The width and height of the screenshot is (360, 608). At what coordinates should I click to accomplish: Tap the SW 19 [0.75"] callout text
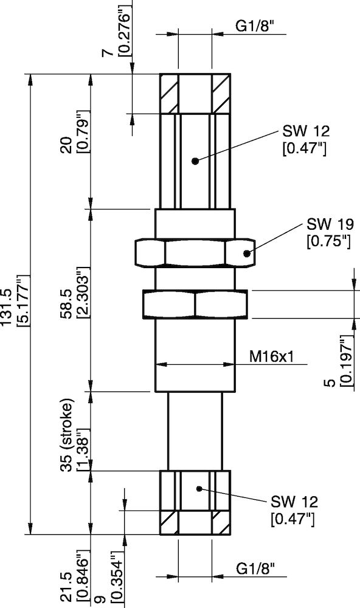point(329,232)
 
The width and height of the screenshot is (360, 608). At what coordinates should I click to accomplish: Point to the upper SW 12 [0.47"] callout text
point(305,140)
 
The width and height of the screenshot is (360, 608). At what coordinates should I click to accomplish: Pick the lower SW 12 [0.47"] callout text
point(293,510)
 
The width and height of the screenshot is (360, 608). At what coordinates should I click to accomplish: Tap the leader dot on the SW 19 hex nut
point(247,254)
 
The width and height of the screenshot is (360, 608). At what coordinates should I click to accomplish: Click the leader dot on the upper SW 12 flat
point(195,161)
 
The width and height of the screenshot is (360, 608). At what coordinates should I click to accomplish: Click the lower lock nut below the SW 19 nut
point(195,304)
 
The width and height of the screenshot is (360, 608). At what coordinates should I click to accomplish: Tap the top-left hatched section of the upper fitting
point(168,93)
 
